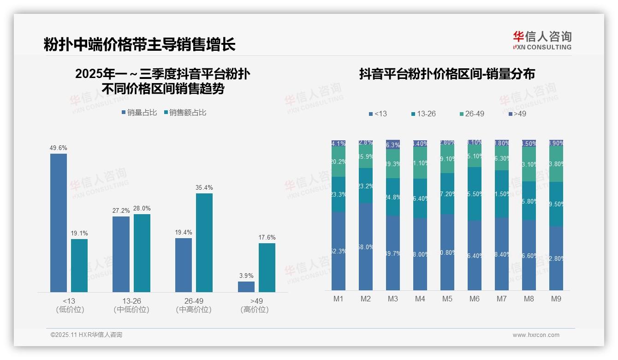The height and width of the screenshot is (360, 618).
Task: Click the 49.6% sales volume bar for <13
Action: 59,222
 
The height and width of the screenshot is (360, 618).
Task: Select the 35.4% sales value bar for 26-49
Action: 204,242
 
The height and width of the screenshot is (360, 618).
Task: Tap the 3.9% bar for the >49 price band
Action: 246,287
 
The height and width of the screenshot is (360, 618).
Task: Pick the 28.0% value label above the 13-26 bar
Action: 142,209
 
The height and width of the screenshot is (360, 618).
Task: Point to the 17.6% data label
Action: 267,238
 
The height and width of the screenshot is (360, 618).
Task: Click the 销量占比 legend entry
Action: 139,113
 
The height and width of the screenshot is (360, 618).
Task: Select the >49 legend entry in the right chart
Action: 517,114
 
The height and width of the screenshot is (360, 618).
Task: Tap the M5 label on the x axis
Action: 447,299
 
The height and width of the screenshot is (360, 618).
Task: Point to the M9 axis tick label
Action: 556,299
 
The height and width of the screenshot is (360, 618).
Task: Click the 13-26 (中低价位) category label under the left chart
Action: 131,305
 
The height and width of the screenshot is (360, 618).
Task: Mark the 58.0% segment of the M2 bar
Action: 366,247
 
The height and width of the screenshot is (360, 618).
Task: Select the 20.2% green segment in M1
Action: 339,162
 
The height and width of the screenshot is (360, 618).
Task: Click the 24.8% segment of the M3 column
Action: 393,197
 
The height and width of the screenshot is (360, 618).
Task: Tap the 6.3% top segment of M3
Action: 393,144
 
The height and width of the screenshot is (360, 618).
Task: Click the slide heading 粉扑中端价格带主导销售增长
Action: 140,44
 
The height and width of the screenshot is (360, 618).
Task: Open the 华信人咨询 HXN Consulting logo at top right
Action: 542,41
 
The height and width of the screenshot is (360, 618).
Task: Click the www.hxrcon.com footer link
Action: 536,335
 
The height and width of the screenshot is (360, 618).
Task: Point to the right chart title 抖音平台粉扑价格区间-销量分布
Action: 447,74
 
